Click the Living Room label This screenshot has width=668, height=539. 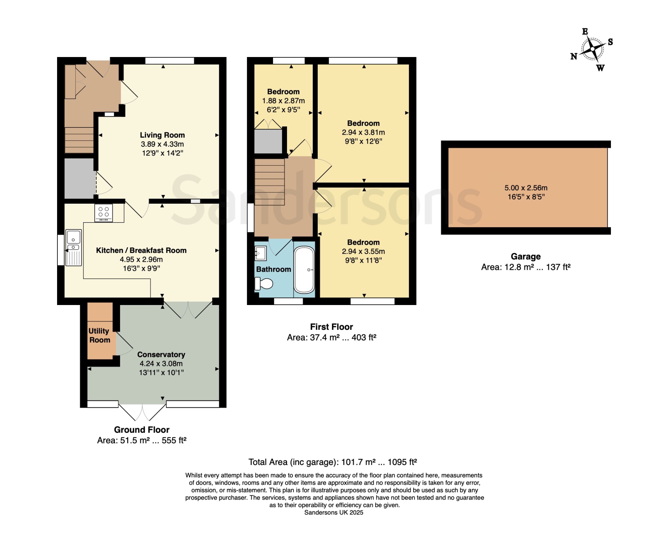162,135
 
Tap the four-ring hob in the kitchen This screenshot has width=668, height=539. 104,213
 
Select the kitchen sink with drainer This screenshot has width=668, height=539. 74,248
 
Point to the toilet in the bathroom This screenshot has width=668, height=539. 264,284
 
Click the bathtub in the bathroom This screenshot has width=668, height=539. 304,270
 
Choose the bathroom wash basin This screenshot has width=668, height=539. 261,253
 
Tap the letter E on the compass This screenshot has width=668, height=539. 585,32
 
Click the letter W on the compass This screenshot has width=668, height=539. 600,68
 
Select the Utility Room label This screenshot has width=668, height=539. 99,335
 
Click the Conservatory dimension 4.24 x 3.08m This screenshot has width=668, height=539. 161,363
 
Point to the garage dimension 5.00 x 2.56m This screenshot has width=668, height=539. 526,188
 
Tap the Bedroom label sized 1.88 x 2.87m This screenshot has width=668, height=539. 283,92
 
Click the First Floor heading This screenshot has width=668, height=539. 331,327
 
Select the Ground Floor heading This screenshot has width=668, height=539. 142,430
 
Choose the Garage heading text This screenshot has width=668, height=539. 526,256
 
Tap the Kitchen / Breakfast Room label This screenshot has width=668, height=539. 141,250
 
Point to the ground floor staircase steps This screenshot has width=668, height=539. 79,140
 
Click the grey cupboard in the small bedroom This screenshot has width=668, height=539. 268,141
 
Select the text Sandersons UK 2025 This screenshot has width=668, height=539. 334,513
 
